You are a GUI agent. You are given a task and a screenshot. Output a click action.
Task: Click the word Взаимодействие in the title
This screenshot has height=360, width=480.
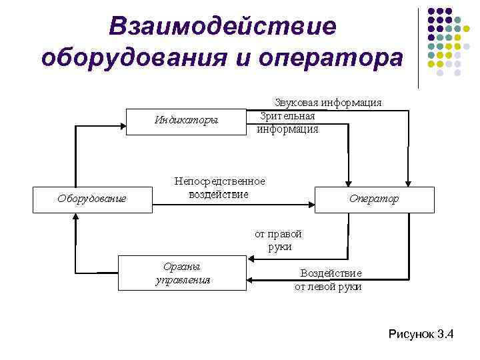(x=223, y=27)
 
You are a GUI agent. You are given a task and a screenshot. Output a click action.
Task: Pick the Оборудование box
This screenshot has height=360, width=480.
(x=92, y=198)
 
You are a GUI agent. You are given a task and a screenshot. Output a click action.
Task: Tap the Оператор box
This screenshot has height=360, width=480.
(x=374, y=199)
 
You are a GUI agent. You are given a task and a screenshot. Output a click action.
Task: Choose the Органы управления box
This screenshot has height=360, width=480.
(x=182, y=273)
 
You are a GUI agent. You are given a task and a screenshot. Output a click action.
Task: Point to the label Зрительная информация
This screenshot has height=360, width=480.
(x=288, y=122)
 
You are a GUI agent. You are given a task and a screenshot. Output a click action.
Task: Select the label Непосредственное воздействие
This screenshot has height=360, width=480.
(x=219, y=188)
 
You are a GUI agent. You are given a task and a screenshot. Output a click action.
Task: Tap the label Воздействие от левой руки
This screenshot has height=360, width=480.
(x=329, y=280)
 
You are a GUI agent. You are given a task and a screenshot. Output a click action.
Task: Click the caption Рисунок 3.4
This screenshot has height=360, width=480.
(x=421, y=334)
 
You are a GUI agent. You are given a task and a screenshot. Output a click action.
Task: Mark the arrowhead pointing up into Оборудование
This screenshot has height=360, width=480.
(x=77, y=219)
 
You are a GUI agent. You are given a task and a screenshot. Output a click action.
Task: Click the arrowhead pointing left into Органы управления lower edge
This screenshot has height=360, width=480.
(x=252, y=279)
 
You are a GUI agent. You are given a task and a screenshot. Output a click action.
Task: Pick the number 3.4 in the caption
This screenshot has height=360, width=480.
(x=443, y=334)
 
